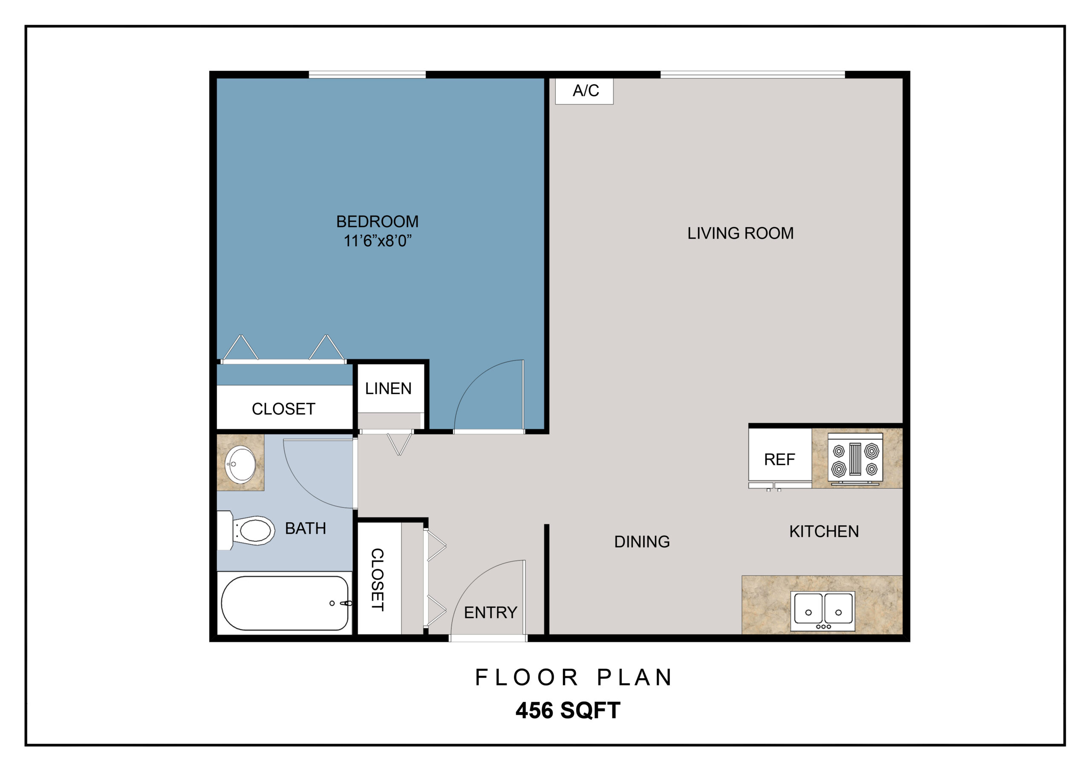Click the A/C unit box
coord(584,91)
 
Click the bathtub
coord(285,603)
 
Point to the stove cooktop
coord(855,459)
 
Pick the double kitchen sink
coord(823,611)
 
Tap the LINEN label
coord(388,388)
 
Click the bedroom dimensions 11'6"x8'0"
coord(378,241)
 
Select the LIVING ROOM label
coord(740,233)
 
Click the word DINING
coord(642,541)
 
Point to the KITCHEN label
coord(824,531)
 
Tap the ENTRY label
coord(491,613)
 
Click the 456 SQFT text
coord(568,710)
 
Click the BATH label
coord(306,528)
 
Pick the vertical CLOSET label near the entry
coord(377,580)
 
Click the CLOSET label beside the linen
coord(284,409)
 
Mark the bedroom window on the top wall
coord(367,75)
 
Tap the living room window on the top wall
coord(753,75)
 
